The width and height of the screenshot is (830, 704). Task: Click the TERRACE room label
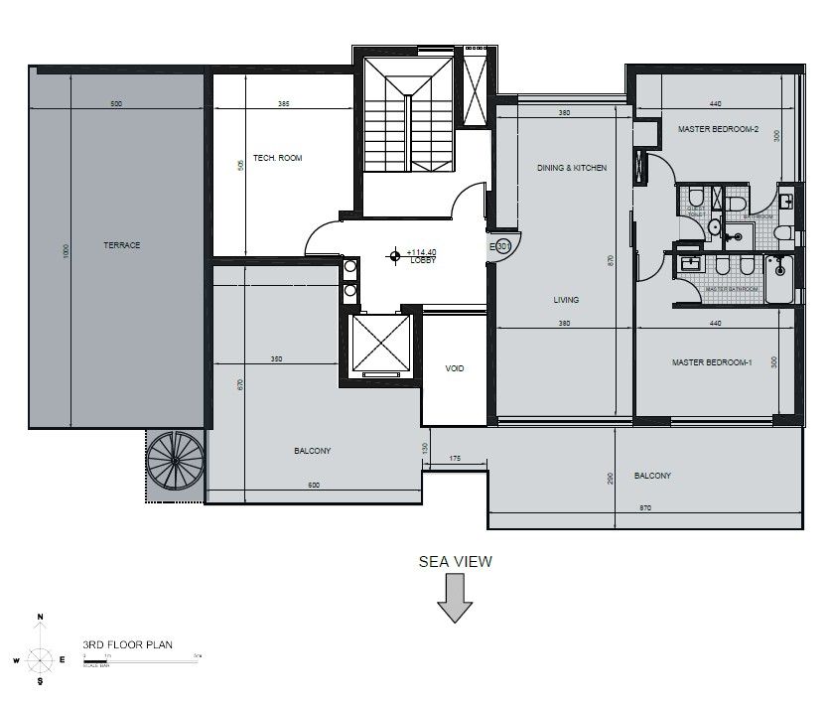point(120,244)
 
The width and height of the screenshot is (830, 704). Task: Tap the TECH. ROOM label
point(277,158)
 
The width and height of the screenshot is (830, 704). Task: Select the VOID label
point(455,368)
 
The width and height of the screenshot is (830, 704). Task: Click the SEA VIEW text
point(455,561)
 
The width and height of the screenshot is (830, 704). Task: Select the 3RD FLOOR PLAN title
point(128,644)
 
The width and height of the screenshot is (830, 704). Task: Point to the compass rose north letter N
point(41,618)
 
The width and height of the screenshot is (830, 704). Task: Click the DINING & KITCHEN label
point(571,168)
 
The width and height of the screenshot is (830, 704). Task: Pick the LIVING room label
point(566,299)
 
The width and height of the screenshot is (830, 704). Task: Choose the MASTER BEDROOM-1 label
point(712,363)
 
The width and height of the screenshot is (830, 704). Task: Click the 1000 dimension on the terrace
point(67,252)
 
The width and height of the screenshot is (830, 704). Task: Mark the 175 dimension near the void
point(455,458)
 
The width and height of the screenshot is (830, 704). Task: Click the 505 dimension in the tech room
point(240,165)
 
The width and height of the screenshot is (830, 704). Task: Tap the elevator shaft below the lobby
point(381,344)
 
